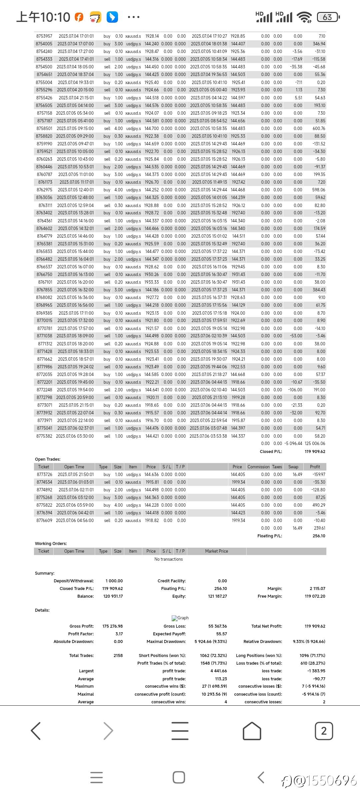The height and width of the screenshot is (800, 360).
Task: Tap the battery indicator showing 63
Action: point(328,17)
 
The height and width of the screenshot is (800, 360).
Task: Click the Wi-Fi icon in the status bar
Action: point(304,17)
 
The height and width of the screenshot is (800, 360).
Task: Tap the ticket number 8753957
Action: point(44,36)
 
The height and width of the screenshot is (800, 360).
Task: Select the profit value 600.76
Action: point(319,128)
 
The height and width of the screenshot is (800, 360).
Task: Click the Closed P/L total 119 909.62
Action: point(315,451)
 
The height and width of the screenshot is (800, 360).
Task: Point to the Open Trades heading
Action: point(48,459)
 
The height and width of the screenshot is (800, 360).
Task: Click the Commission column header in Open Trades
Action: point(258,467)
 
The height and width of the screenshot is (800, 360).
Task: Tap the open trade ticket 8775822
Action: point(44,505)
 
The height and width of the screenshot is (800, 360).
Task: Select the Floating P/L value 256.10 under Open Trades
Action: point(319,536)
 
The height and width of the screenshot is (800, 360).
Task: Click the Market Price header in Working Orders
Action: point(216,551)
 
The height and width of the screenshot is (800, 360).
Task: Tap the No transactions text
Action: point(168,559)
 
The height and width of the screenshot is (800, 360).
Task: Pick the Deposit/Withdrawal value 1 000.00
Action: point(114,581)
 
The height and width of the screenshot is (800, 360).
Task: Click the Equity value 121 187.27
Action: point(217,596)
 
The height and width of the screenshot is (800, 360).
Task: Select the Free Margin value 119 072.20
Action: point(315,596)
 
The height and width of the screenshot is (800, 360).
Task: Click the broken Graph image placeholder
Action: point(180,618)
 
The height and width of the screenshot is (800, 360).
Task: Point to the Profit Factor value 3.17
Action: point(119,634)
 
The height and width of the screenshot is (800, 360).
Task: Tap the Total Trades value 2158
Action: point(118,655)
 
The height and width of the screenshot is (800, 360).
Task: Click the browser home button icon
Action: point(252,731)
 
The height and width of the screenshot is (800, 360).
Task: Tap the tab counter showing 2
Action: point(324,731)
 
